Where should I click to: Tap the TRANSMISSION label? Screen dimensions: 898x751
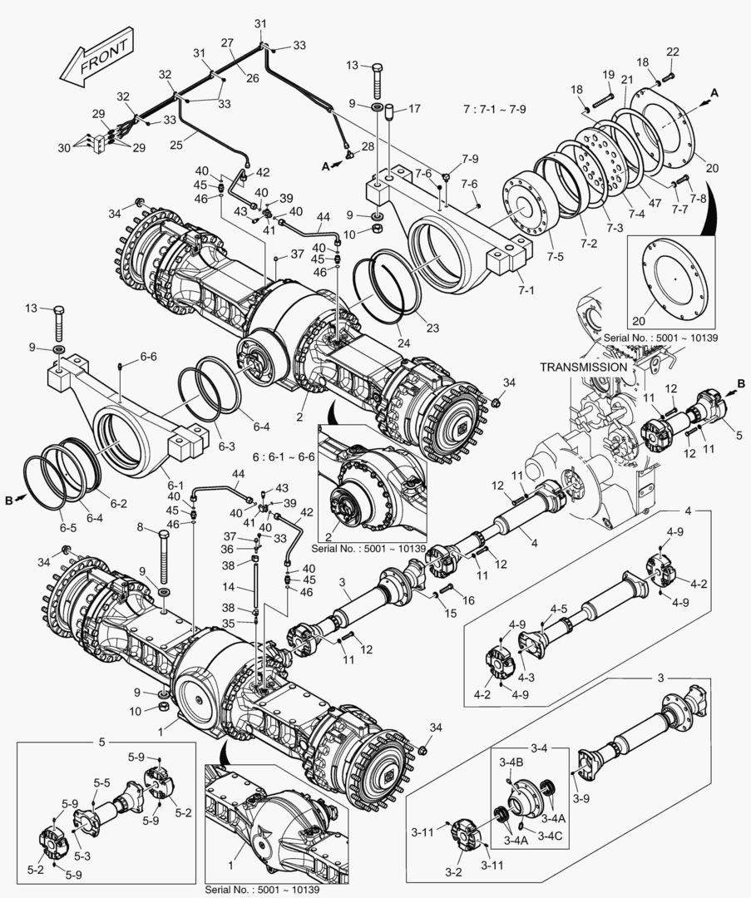(x=583, y=367)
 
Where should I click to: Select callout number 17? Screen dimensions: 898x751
(x=414, y=108)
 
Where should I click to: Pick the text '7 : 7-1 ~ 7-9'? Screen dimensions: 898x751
(x=501, y=109)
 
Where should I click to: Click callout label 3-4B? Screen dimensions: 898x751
(x=511, y=762)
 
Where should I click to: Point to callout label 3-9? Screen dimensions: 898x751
(x=581, y=798)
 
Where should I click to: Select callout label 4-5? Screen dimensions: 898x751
(x=559, y=609)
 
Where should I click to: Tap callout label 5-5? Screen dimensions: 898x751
(x=102, y=782)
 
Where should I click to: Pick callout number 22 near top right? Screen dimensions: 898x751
(x=672, y=52)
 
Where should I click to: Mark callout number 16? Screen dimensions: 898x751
(x=469, y=599)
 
